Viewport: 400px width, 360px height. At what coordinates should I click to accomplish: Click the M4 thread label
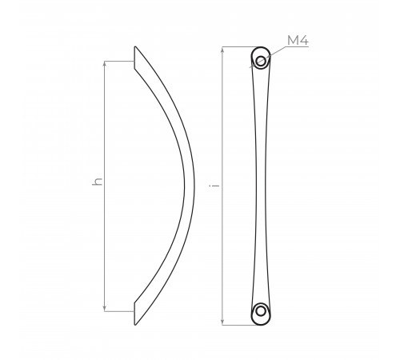click(x=298, y=40)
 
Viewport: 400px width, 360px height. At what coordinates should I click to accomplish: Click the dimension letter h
click(x=97, y=181)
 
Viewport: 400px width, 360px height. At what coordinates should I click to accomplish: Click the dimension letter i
click(x=215, y=185)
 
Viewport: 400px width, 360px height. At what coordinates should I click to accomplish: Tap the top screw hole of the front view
click(x=261, y=61)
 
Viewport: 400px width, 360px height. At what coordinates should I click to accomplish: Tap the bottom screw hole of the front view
click(x=261, y=311)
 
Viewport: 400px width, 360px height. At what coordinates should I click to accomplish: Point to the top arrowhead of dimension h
click(x=105, y=64)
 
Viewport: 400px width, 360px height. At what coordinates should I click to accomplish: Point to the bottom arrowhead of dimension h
click(x=105, y=309)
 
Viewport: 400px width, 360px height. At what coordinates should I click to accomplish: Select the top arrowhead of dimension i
click(x=222, y=50)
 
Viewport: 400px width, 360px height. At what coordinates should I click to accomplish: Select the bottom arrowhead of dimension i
click(x=222, y=322)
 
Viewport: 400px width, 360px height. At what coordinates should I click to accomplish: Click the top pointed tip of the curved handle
click(x=135, y=46)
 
